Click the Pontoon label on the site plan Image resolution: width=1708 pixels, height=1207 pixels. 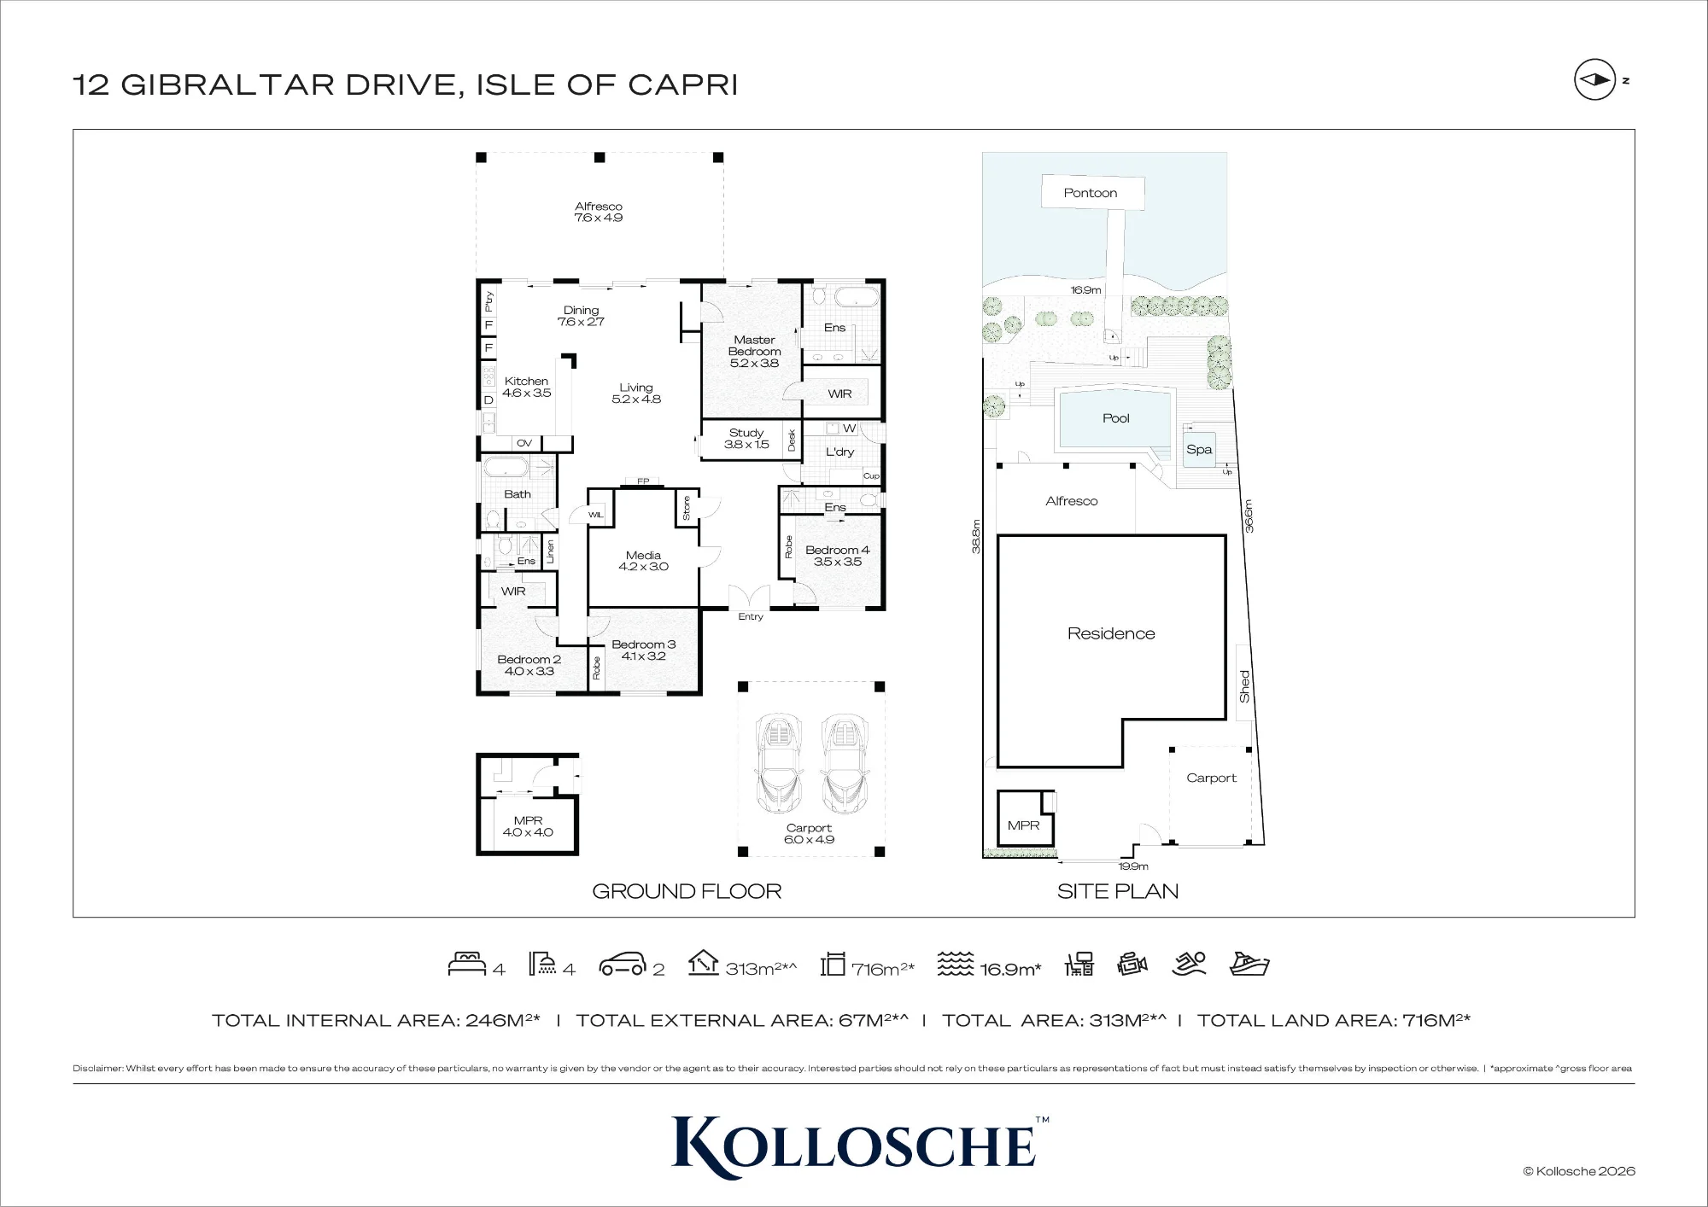click(1090, 193)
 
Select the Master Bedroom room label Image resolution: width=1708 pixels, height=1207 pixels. click(755, 351)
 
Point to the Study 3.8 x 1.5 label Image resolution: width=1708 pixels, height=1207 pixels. click(746, 439)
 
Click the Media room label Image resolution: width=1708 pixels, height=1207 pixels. click(643, 561)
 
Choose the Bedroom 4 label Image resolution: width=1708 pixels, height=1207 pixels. click(837, 556)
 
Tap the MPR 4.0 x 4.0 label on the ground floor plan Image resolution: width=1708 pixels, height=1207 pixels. click(528, 826)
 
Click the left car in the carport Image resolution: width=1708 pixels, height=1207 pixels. click(778, 764)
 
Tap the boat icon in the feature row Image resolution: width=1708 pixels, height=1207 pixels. click(1249, 964)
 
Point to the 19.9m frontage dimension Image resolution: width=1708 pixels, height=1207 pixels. click(1133, 866)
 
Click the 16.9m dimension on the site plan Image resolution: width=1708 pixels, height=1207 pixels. click(1085, 290)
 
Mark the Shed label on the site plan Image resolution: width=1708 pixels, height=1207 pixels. click(1244, 686)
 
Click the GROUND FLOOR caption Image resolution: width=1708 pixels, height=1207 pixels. click(687, 891)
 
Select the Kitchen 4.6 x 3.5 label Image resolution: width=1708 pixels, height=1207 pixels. click(526, 388)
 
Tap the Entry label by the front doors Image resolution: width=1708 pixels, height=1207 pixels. click(751, 616)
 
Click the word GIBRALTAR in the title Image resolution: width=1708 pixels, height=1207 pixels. click(228, 85)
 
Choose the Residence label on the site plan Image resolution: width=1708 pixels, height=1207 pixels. click(1111, 633)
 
